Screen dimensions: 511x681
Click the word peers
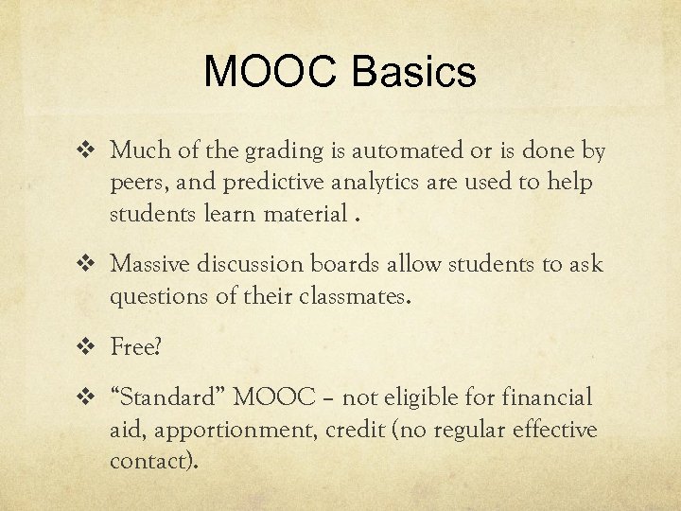pos(139,184)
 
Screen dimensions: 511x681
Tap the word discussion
pos(243,264)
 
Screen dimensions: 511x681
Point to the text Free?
pos(136,347)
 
